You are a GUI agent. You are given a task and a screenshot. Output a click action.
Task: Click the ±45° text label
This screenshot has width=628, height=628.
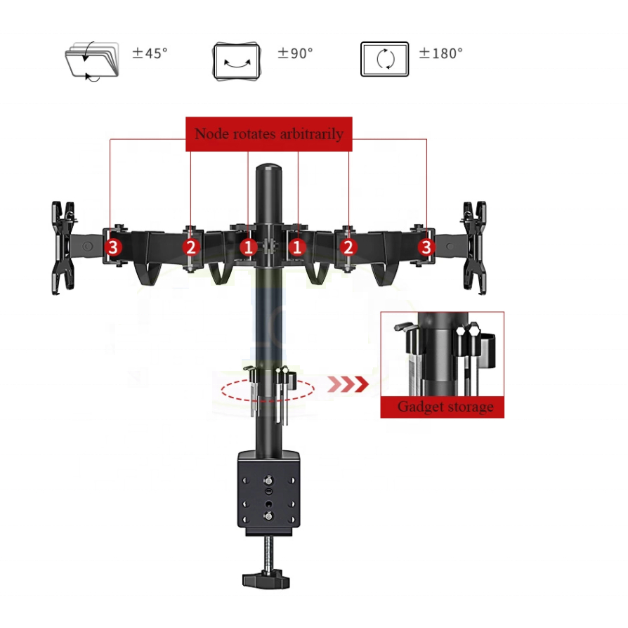(x=150, y=53)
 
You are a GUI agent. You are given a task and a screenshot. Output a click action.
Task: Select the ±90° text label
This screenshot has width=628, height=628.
(x=295, y=53)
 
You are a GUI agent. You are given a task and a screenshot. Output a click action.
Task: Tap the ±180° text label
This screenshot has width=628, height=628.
(x=440, y=53)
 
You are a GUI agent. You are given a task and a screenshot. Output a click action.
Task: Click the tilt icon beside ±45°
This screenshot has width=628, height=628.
(x=92, y=61)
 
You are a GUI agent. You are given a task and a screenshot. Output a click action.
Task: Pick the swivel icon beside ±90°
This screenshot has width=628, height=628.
(x=237, y=61)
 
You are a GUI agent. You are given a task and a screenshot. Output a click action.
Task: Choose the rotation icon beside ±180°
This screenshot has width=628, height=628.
(x=384, y=59)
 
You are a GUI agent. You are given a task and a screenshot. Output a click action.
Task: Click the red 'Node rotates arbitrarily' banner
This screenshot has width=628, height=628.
(x=269, y=133)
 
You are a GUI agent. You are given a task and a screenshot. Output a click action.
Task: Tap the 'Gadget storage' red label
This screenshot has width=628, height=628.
(x=442, y=407)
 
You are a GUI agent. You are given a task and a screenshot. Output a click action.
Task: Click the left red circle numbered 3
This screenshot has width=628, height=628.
(x=113, y=247)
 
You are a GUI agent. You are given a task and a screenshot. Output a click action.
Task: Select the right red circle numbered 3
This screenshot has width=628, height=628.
(x=426, y=247)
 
